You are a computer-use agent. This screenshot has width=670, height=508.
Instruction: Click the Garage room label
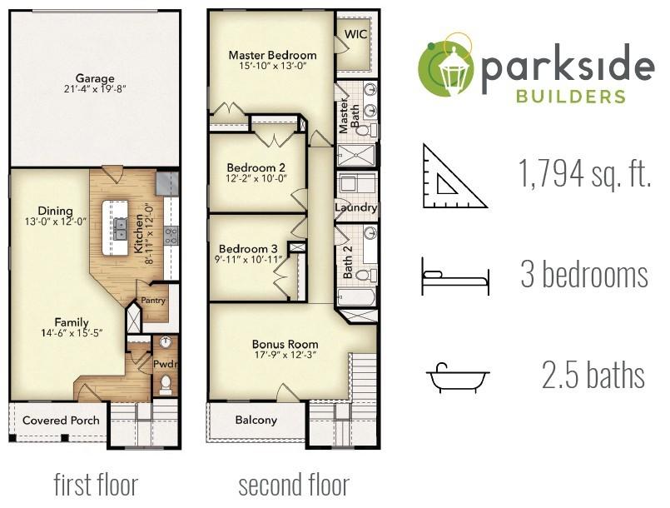click(x=95, y=78)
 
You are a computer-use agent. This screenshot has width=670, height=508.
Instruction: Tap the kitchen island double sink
click(x=120, y=228)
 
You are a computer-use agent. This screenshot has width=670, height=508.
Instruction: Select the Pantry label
click(x=153, y=301)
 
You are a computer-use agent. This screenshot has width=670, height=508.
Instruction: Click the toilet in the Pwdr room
click(x=166, y=384)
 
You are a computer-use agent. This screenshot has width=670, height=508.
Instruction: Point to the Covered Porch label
click(x=61, y=421)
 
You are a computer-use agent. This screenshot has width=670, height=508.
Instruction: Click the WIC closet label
click(x=356, y=34)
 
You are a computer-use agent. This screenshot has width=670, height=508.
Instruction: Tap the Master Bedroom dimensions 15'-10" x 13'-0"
click(x=273, y=66)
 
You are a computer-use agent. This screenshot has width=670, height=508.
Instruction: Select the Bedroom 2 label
click(x=256, y=167)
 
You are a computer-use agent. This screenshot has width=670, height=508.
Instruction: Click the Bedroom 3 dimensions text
click(x=248, y=259)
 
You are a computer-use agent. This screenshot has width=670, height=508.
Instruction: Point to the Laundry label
click(x=356, y=208)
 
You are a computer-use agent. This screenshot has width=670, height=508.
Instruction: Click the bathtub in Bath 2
click(x=356, y=296)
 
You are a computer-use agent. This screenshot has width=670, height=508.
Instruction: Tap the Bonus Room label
click(x=285, y=344)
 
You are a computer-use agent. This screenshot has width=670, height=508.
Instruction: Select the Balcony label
click(x=256, y=420)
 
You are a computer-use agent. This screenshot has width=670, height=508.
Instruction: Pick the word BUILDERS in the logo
click(x=570, y=97)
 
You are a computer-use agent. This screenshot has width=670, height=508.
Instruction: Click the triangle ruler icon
click(x=454, y=177)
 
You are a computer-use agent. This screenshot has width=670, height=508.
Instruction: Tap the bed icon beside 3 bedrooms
click(x=455, y=276)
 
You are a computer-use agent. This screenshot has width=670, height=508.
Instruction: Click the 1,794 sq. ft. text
click(x=584, y=173)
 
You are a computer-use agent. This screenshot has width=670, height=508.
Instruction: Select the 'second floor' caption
click(x=294, y=485)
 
